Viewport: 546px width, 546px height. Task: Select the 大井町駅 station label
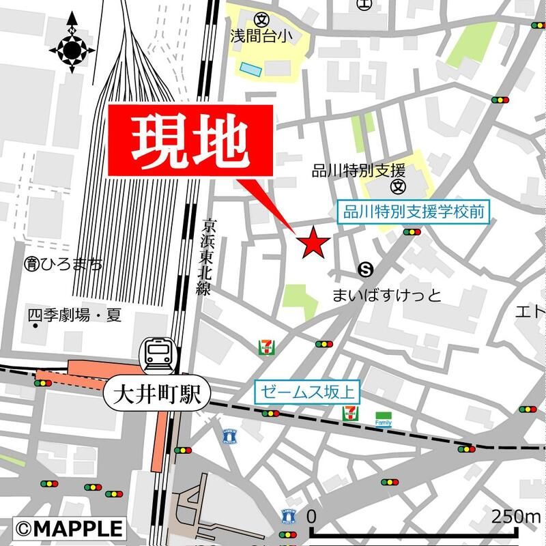[x=156, y=395]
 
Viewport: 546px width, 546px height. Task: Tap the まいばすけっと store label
[x=386, y=296]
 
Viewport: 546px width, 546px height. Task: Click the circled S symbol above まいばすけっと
[x=367, y=269]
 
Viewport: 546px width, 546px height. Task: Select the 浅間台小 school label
[x=260, y=35]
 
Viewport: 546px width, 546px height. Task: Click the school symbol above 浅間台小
[x=260, y=18]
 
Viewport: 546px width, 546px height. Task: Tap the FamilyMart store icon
[x=384, y=417]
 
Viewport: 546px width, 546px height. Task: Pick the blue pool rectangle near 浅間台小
[x=250, y=68]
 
